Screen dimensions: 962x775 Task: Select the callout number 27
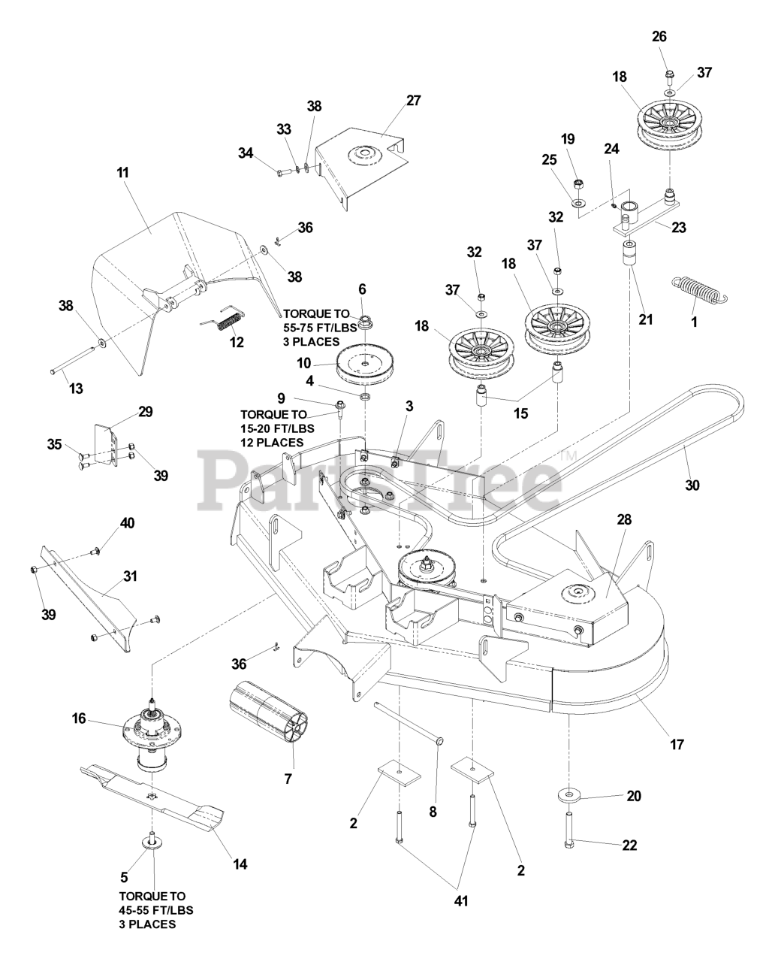(413, 100)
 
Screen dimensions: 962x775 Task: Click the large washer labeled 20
(572, 794)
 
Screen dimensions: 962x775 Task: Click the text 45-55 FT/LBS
(156, 910)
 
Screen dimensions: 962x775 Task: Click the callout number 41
(460, 900)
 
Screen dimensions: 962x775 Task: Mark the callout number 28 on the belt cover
(625, 520)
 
